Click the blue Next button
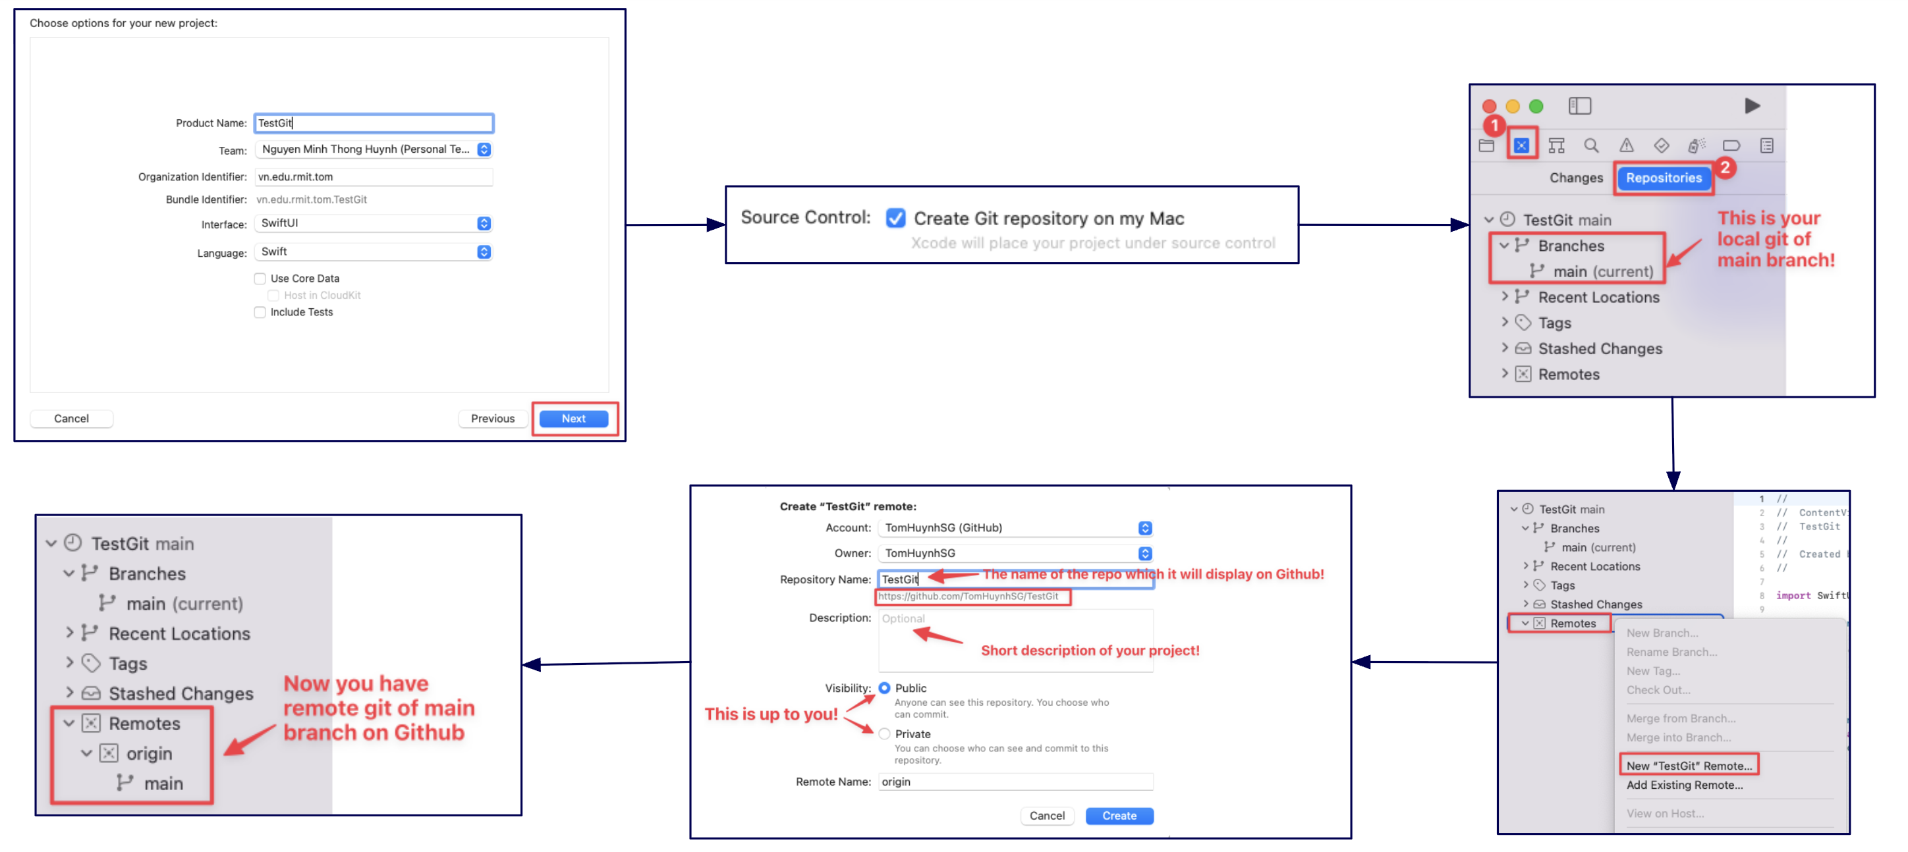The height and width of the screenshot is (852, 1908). point(573,418)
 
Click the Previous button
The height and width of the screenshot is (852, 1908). point(493,418)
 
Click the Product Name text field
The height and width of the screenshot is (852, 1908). point(374,123)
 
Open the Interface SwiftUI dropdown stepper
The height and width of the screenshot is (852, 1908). point(484,223)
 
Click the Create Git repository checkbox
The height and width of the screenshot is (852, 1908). point(895,219)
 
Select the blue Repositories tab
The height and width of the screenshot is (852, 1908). point(1663,178)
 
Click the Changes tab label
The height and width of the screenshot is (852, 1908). point(1575,178)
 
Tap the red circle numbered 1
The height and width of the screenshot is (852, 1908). point(1494,125)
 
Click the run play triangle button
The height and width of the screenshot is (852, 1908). point(1752,106)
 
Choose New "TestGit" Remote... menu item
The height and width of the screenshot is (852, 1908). point(1689,765)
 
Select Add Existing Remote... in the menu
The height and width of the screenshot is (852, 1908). point(1684,785)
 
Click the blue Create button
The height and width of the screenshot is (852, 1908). point(1119,815)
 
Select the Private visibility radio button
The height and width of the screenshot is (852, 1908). point(884,733)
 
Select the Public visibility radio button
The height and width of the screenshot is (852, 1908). point(884,687)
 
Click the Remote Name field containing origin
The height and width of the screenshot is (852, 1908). point(1015,781)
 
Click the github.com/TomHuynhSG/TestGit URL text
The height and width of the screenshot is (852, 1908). point(968,596)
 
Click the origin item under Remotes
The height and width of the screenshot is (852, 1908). point(149,753)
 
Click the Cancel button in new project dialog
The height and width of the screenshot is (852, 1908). point(71,418)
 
